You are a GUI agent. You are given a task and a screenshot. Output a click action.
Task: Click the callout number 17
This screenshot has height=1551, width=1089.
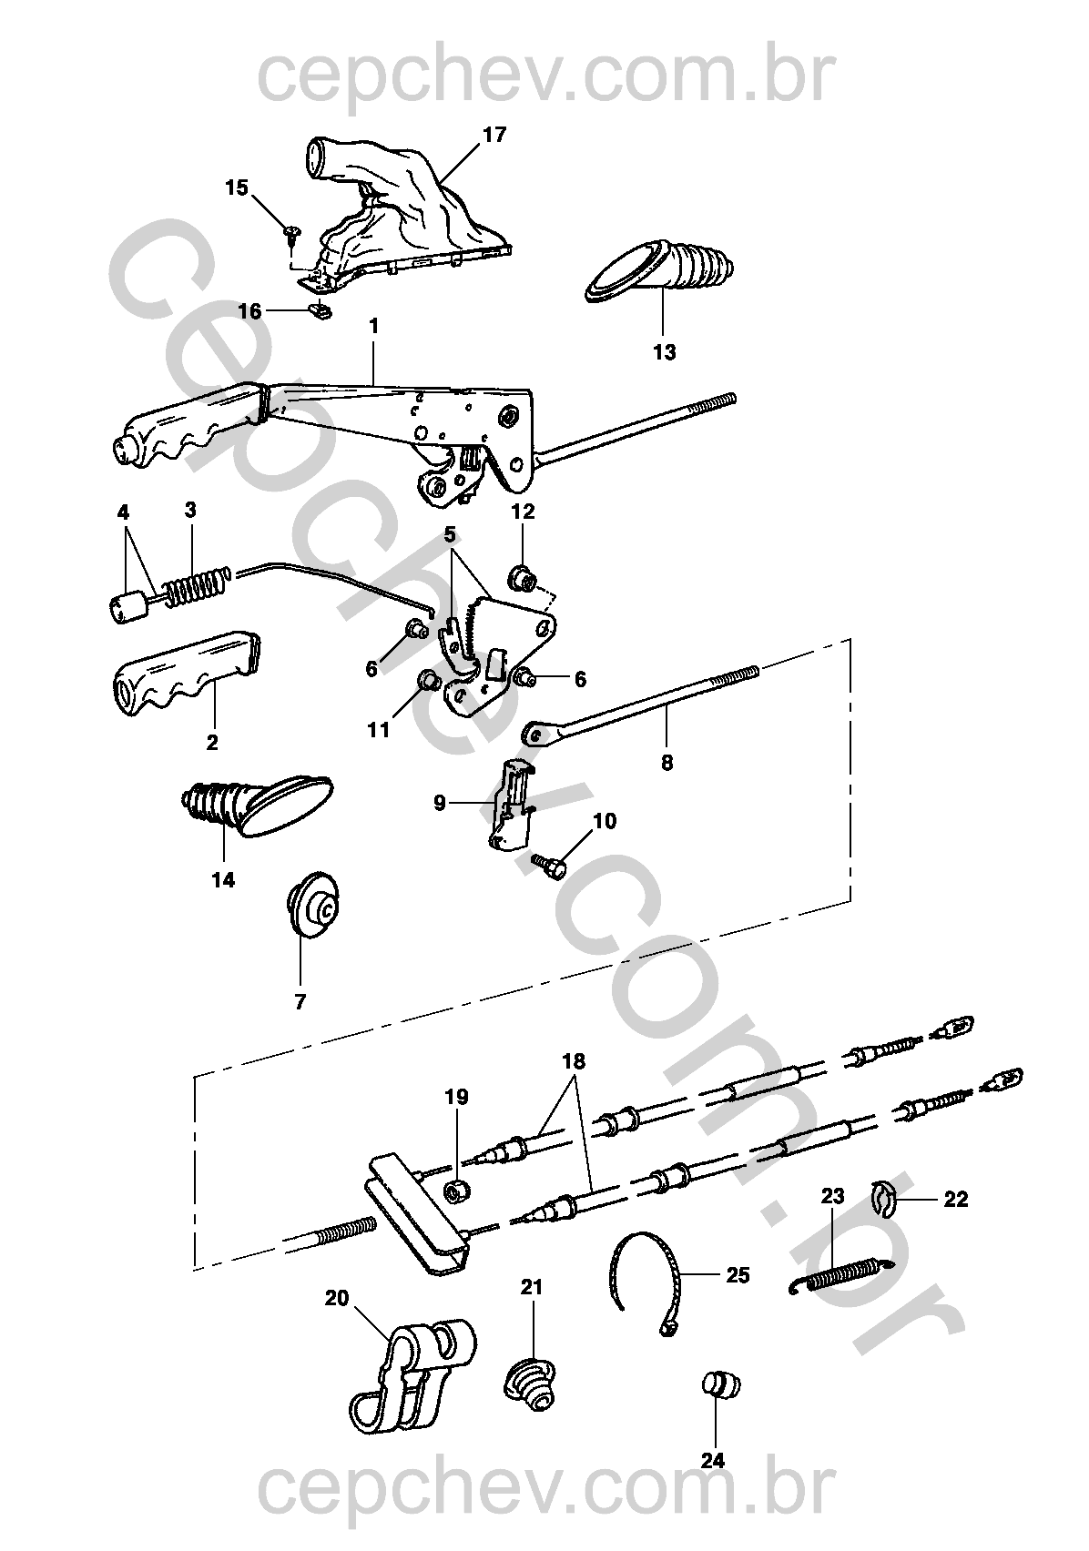(x=494, y=135)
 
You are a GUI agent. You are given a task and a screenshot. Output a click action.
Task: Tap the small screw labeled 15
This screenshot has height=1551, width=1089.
(x=291, y=233)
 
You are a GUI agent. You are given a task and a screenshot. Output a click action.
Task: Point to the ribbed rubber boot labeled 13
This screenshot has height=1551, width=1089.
(x=659, y=271)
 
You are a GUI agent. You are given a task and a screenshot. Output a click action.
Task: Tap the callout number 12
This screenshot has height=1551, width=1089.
(x=523, y=512)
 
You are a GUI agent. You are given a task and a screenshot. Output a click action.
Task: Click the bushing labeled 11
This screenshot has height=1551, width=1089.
(x=427, y=680)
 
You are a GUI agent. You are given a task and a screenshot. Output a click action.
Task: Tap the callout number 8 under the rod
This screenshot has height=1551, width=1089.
(x=667, y=763)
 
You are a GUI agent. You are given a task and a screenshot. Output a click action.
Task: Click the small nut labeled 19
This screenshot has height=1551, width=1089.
(x=457, y=1191)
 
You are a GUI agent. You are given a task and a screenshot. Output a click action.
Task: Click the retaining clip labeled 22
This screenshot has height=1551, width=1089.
(x=882, y=1197)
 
